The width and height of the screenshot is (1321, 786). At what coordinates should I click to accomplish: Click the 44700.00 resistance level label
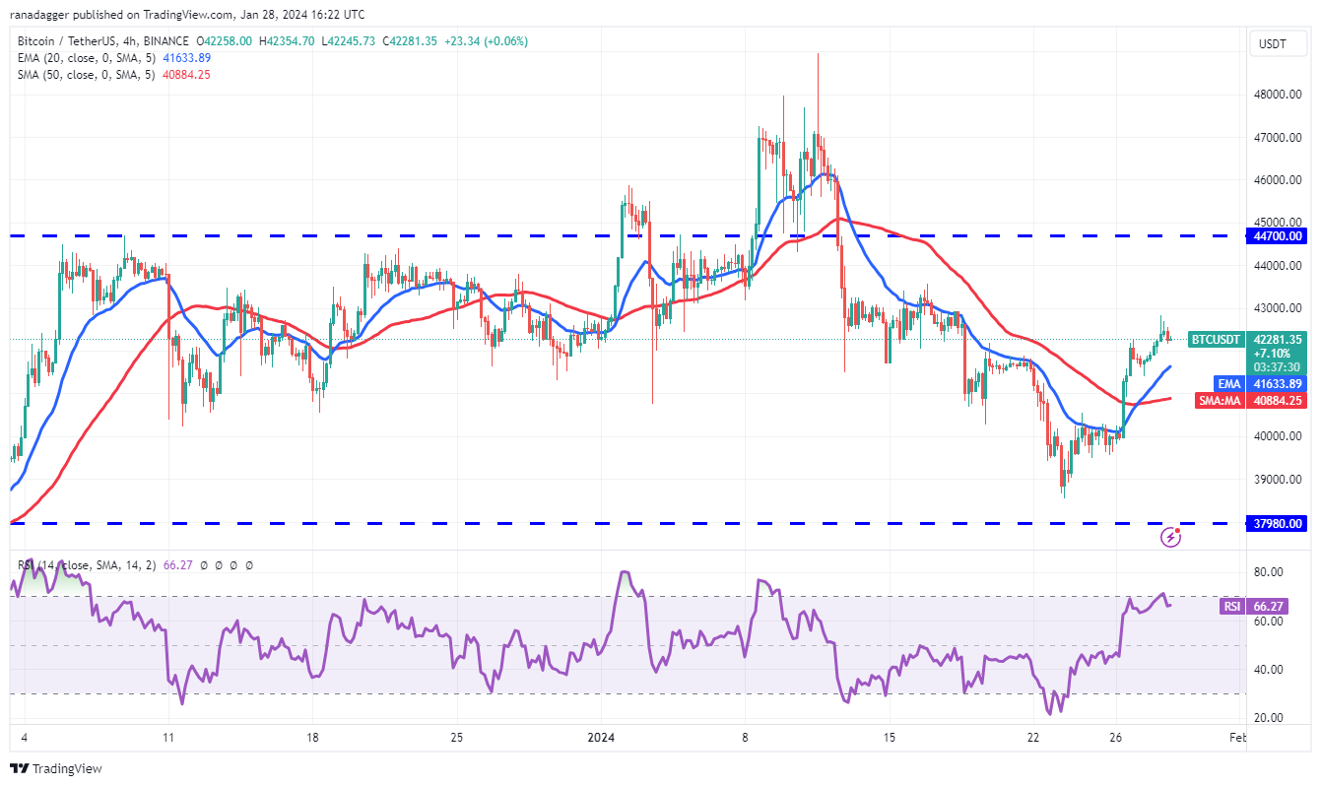pyautogui.click(x=1279, y=236)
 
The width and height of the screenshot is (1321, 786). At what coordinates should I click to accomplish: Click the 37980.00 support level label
pyautogui.click(x=1279, y=524)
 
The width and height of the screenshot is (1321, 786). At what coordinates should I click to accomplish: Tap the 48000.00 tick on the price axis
pyautogui.click(x=1278, y=95)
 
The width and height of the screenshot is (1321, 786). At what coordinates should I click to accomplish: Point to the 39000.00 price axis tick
pyautogui.click(x=1278, y=480)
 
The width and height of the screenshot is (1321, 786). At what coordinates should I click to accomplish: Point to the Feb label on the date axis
pyautogui.click(x=1238, y=737)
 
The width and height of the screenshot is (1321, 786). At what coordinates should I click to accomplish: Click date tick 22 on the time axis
pyautogui.click(x=1032, y=737)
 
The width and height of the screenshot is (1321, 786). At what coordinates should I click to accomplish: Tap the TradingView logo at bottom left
pyautogui.click(x=56, y=768)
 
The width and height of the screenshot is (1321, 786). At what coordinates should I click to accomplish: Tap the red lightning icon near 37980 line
pyautogui.click(x=1171, y=537)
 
